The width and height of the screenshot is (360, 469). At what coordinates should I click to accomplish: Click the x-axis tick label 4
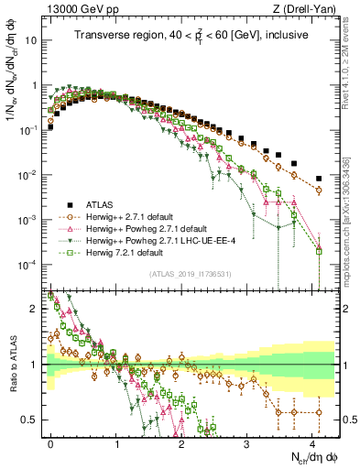click(312, 441)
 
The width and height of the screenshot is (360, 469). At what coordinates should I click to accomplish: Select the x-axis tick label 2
click(181, 441)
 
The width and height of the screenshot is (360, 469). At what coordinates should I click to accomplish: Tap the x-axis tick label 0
click(50, 441)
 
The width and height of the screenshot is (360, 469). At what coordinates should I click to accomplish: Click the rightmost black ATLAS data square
click(319, 179)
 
